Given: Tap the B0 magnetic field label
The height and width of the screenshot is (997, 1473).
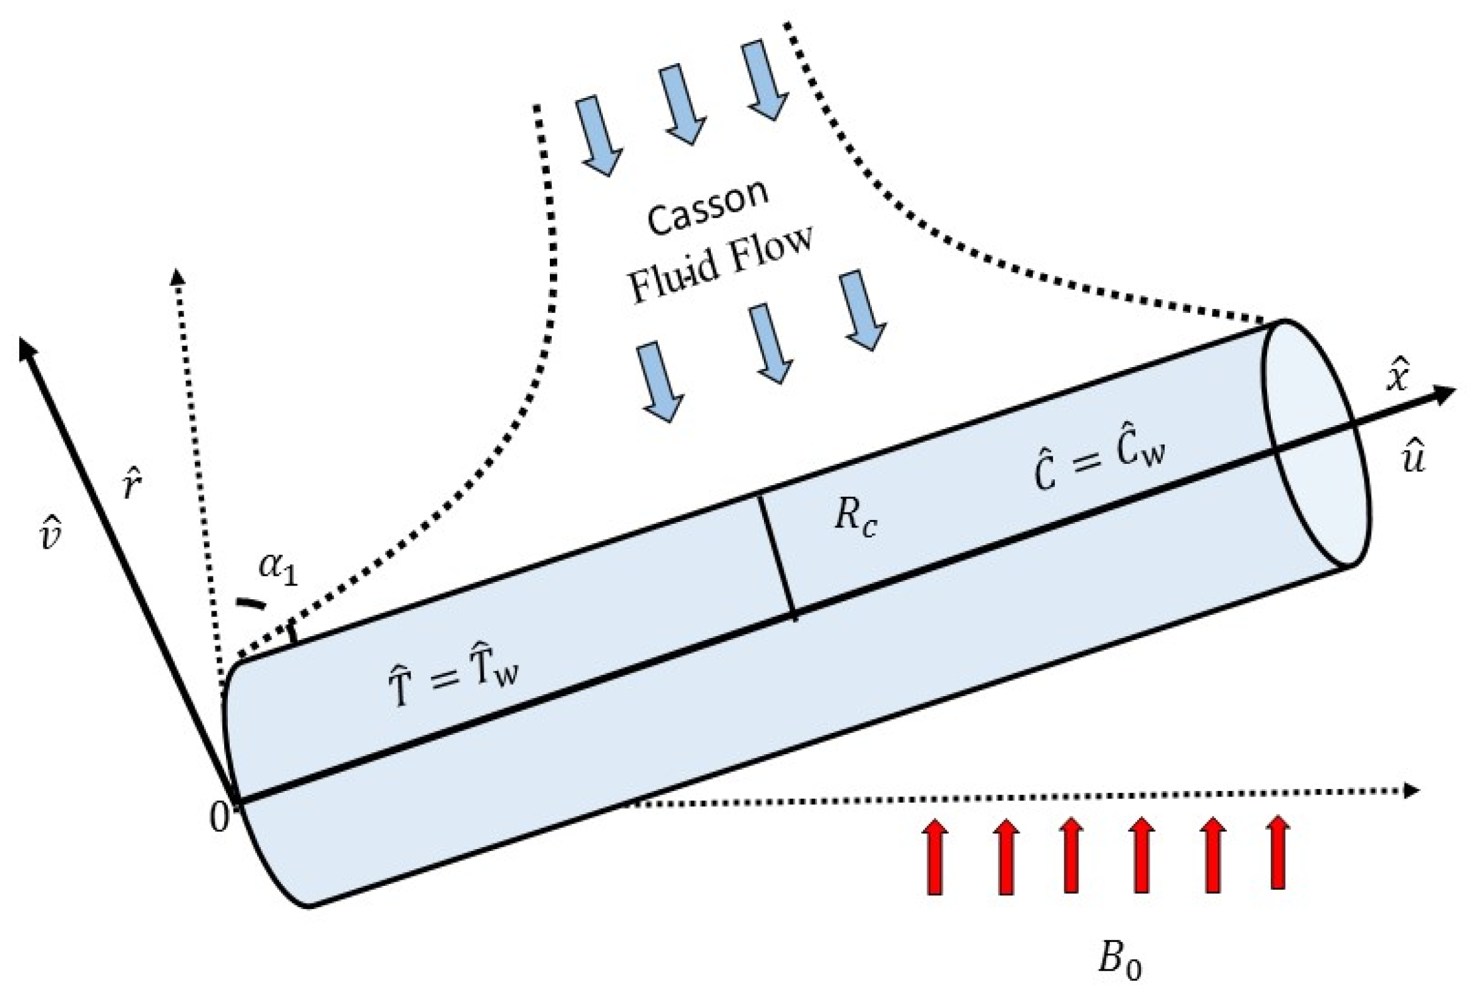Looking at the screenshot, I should coord(1120,960).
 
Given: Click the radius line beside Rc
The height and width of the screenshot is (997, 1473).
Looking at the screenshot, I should coord(778,556).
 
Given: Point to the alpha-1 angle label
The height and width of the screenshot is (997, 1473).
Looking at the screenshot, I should coord(278,569).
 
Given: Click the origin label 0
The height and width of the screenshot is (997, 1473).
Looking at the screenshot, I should coord(218,818).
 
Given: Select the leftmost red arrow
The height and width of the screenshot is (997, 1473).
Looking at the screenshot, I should coord(935,855).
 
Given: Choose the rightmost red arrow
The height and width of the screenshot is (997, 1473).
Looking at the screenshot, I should coord(1278,850).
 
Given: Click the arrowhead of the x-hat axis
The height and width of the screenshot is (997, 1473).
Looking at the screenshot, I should coord(1446,396).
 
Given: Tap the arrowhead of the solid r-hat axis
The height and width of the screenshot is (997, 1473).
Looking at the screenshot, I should coord(27,348).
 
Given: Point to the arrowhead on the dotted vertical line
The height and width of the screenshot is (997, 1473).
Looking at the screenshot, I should coord(178,277).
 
